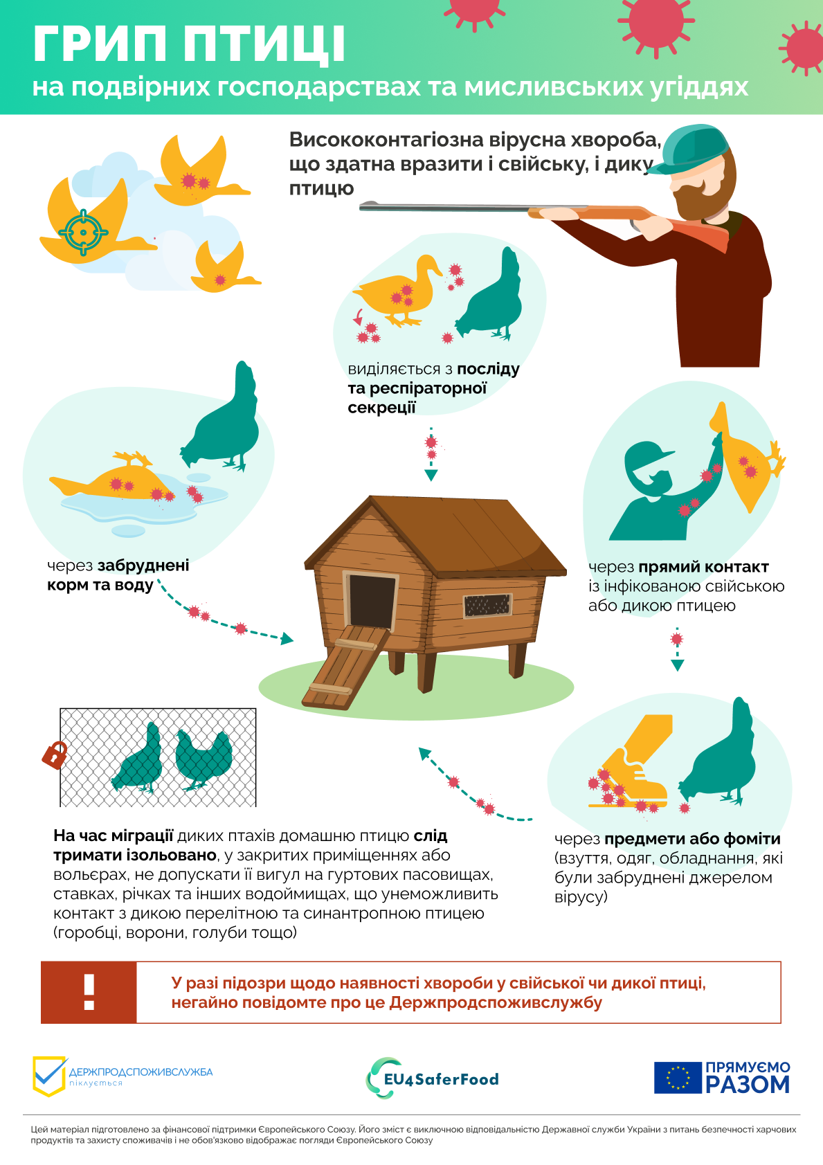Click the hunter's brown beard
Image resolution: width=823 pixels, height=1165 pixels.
click(699, 199)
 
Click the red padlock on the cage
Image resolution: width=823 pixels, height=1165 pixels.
click(55, 755)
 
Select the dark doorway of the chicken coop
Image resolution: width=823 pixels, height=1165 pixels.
click(372, 600)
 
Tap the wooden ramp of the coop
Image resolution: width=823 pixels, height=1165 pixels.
click(345, 667)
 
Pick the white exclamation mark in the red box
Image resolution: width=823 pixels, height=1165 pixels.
click(89, 992)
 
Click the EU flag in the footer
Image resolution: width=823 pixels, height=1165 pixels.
click(678, 1078)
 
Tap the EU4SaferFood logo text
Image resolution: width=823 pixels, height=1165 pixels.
click(441, 1080)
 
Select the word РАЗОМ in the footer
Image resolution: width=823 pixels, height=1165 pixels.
click(747, 1085)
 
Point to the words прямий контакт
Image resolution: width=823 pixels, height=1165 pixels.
click(703, 567)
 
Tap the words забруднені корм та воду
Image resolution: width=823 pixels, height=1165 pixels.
click(118, 575)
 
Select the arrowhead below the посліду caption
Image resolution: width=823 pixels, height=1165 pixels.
click(431, 475)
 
